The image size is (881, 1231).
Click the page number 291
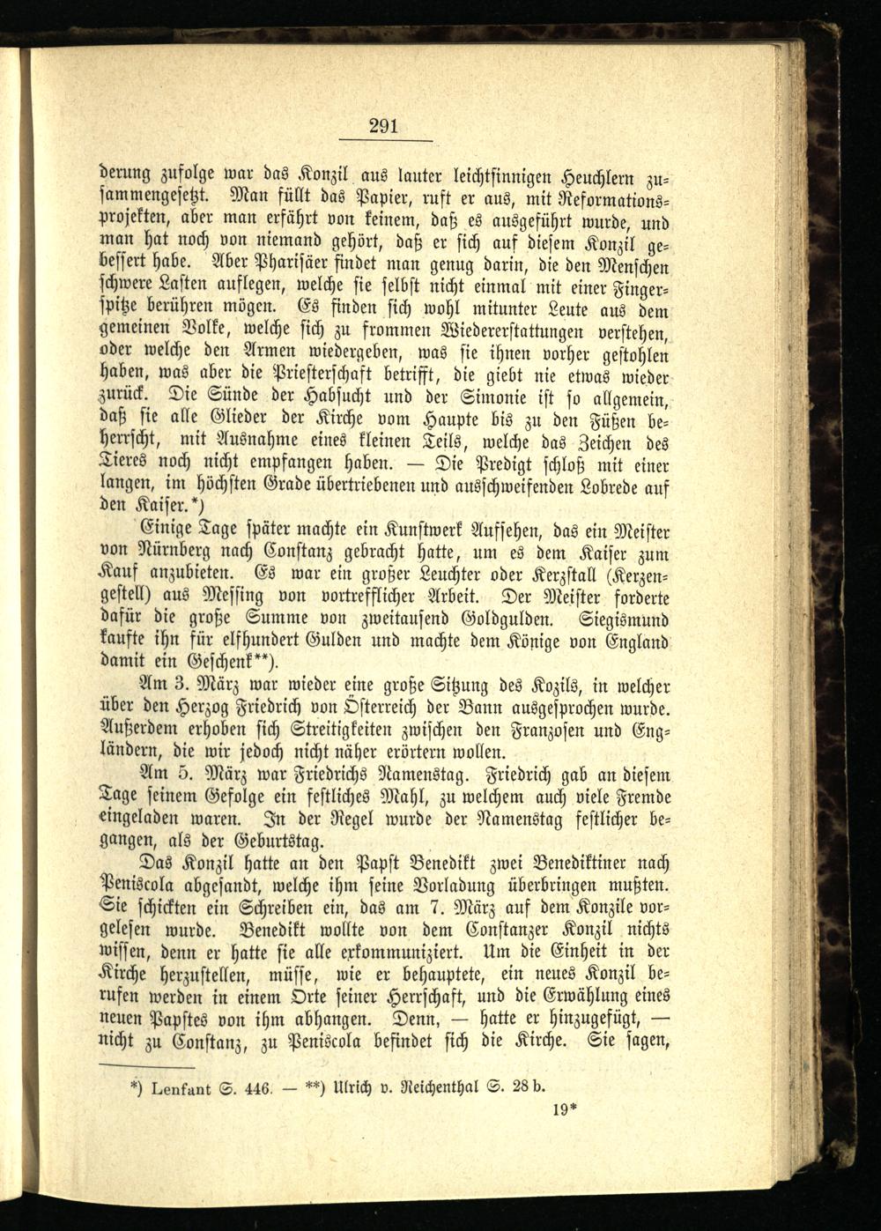(x=383, y=126)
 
